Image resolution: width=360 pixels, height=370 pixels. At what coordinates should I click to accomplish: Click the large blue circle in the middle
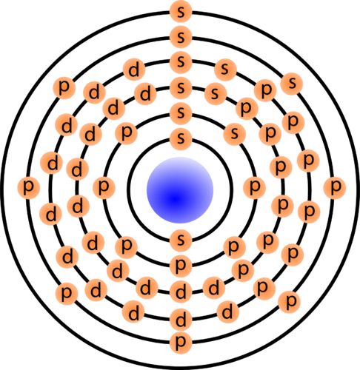[x=180, y=189]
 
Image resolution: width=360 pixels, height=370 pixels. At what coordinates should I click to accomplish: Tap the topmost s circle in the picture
[x=180, y=11]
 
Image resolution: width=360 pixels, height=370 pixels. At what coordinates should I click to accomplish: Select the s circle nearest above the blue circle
[x=180, y=138]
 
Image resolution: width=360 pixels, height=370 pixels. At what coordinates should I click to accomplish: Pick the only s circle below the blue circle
[x=180, y=239]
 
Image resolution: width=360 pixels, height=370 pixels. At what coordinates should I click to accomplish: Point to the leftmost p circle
[x=28, y=186]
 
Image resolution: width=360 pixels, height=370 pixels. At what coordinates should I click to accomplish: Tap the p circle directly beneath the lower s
[x=180, y=265]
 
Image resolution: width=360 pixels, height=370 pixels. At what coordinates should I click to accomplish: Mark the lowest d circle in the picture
[x=180, y=320]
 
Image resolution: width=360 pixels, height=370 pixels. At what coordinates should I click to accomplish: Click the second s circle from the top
[x=180, y=36]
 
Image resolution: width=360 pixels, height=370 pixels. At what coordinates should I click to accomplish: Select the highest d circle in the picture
[x=135, y=70]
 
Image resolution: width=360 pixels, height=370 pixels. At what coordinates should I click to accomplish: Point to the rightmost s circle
[x=293, y=83]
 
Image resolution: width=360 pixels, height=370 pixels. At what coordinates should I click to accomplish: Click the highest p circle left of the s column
[x=65, y=87]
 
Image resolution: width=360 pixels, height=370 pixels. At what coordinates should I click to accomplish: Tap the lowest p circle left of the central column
[x=67, y=292]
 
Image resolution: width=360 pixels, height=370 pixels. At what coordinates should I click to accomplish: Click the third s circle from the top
[x=180, y=61]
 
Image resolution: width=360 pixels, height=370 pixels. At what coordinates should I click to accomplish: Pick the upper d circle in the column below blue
[x=180, y=289]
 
